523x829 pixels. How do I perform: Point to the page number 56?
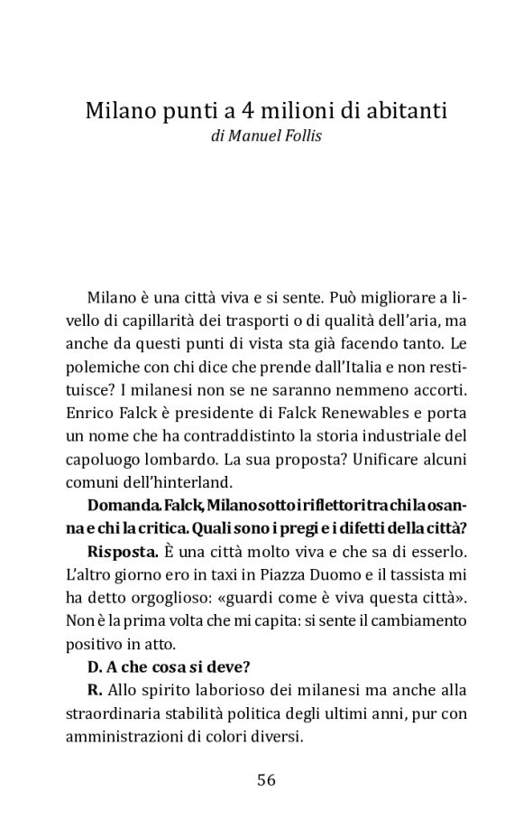click(265, 780)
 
